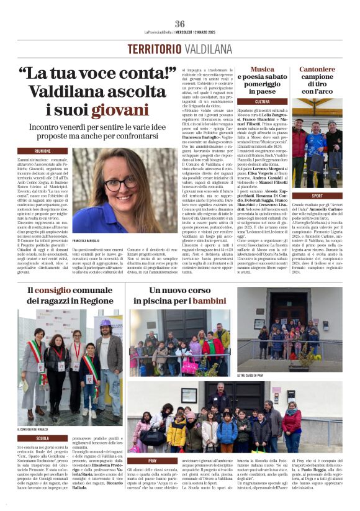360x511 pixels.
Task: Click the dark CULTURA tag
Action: [x=263, y=101]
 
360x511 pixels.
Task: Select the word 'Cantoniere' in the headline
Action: [x=318, y=70]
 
